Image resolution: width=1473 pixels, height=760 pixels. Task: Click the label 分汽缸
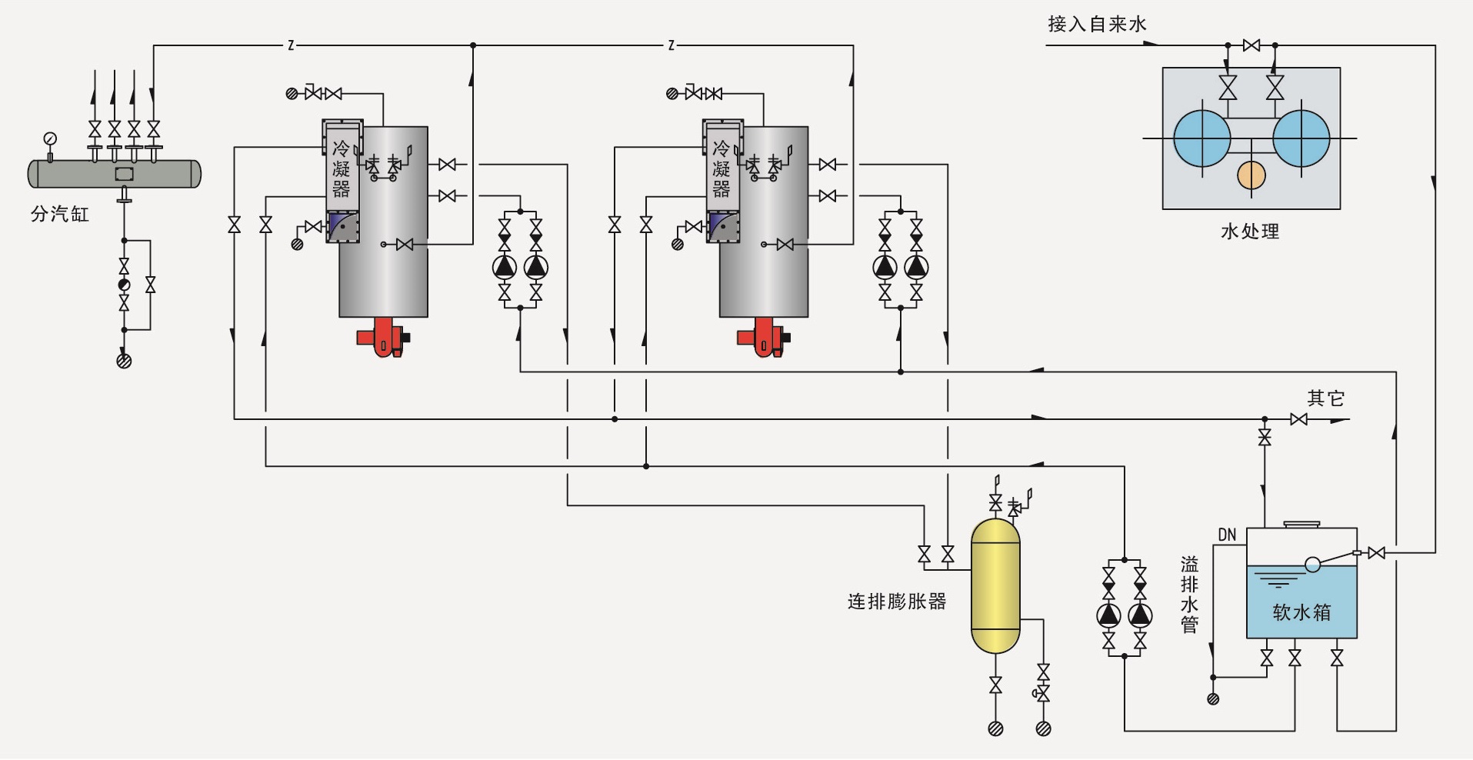(60, 214)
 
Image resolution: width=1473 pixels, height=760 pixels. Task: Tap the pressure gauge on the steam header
(50, 139)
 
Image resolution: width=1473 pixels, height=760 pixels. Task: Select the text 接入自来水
(1097, 24)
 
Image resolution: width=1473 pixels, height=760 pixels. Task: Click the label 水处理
(1250, 231)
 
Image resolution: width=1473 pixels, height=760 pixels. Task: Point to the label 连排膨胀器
(897, 602)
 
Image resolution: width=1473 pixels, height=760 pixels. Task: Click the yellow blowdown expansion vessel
(995, 586)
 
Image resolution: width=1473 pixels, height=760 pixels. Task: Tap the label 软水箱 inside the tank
(1301, 612)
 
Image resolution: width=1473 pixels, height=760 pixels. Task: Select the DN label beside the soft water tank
(1227, 535)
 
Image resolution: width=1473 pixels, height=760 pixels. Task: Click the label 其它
(1325, 398)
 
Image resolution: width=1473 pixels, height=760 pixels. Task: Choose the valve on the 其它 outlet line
(1298, 419)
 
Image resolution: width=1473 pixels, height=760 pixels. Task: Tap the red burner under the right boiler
(762, 338)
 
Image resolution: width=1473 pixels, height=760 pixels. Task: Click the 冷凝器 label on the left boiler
(342, 169)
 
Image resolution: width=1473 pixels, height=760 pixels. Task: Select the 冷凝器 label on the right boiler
(722, 169)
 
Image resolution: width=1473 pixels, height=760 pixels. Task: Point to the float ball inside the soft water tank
(1313, 565)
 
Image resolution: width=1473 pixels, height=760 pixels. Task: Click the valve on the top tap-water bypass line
(1251, 45)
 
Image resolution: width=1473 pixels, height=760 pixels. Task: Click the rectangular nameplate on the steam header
(124, 174)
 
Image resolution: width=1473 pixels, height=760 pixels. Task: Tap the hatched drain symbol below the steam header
(124, 360)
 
